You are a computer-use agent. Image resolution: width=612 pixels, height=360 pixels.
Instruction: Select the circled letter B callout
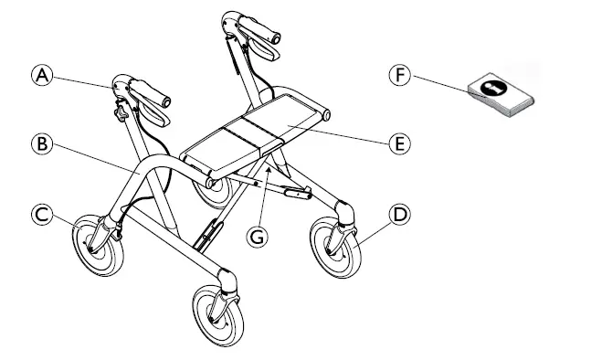[x=39, y=143]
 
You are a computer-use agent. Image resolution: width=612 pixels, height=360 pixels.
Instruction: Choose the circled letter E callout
[x=399, y=143]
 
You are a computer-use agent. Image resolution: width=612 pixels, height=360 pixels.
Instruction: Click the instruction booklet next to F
[x=498, y=95]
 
